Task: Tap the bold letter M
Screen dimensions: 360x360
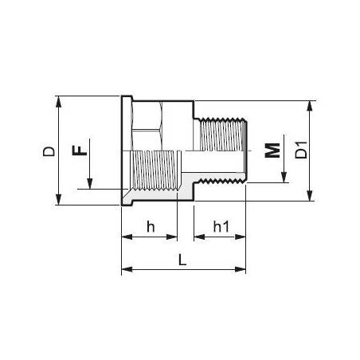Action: click(273, 151)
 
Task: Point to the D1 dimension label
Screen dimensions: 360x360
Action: click(300, 151)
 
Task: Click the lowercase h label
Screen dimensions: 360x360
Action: click(149, 227)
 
